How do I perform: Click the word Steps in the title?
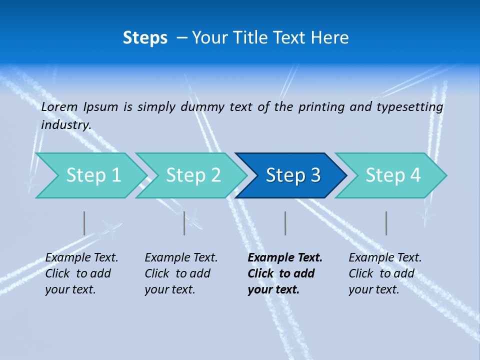tap(145, 38)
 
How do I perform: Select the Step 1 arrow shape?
tap(90, 175)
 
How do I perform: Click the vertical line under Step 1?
tap(84, 223)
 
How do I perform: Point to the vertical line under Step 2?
tap(184, 223)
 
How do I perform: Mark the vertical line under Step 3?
tap(285, 223)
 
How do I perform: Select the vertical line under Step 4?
tap(386, 223)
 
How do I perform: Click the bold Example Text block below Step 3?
tap(284, 273)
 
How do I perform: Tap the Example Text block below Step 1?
tap(81, 273)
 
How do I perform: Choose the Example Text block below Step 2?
tap(180, 273)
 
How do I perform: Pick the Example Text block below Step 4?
tap(384, 273)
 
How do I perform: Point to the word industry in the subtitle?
tap(65, 125)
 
